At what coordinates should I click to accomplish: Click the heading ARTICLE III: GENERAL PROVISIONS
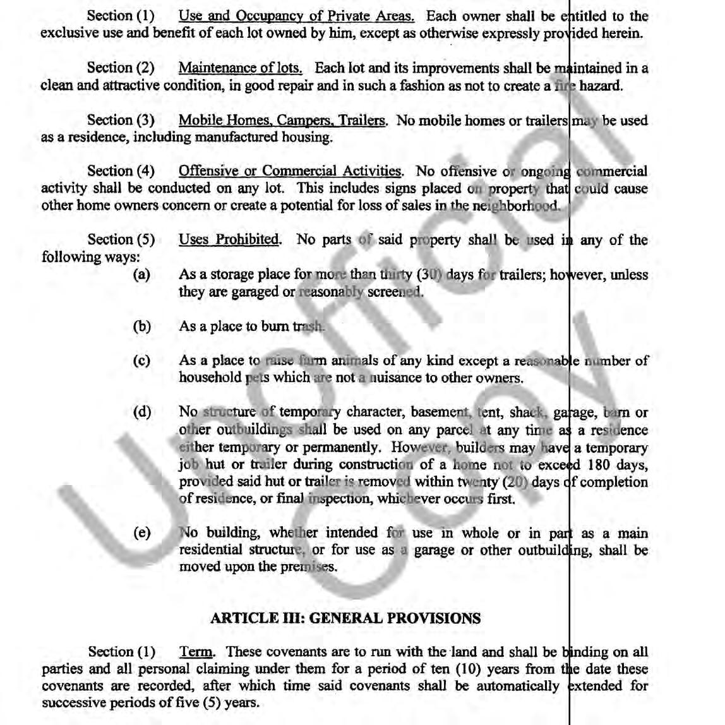[x=345, y=618]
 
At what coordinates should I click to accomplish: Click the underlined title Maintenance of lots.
[x=240, y=68]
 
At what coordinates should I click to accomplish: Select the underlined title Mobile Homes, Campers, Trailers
[x=282, y=121]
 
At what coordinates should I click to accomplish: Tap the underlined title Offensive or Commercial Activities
[x=290, y=171]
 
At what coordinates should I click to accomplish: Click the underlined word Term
[x=196, y=652]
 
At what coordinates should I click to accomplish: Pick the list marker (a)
[x=141, y=275]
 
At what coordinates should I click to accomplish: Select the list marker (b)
[x=141, y=327]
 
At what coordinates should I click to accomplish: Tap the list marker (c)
[x=141, y=361]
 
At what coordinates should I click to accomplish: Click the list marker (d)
[x=141, y=412]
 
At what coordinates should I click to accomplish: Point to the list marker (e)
[x=141, y=533]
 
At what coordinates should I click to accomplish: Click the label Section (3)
[x=121, y=121]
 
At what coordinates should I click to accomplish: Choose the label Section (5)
[x=121, y=240]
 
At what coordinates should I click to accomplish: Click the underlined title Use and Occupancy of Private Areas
[x=296, y=16]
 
